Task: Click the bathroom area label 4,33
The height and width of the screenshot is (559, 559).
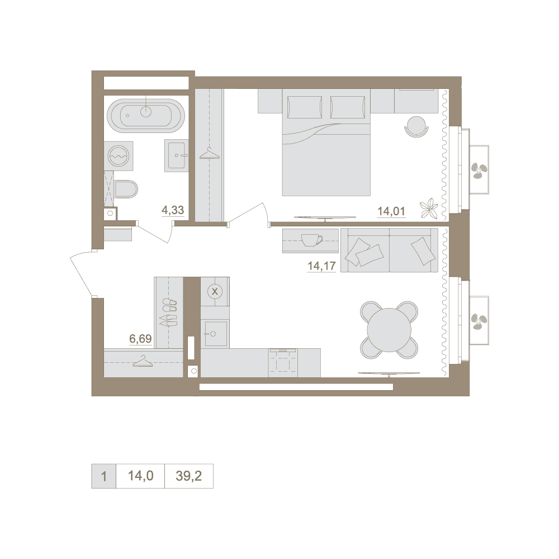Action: coord(173,210)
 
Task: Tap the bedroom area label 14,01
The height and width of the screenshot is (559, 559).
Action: coord(391,211)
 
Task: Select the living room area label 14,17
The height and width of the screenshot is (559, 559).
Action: coord(321,266)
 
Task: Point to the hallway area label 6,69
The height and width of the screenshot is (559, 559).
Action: coord(140,338)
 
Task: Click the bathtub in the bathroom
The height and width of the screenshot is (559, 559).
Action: coord(146,115)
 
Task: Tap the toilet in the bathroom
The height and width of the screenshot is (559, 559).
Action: coord(126,189)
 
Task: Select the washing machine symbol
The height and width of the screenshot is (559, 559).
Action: coord(119,156)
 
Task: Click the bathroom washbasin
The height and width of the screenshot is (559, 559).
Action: coord(176,155)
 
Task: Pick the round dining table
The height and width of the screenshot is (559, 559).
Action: coord(389,329)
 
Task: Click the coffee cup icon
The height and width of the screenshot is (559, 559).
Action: coord(312,240)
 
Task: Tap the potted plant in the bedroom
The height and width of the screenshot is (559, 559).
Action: coord(429,208)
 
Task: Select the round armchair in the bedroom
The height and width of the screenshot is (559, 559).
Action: coord(416,126)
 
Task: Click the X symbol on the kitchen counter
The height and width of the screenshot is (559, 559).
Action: coord(215,291)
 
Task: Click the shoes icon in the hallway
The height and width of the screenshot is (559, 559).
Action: coord(169,312)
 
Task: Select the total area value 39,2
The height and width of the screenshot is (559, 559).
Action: coord(188,476)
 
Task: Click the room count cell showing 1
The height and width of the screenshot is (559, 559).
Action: coord(104,476)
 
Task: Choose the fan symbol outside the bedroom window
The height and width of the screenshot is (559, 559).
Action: coord(477,170)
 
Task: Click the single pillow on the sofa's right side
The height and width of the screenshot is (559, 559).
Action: coord(423,251)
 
